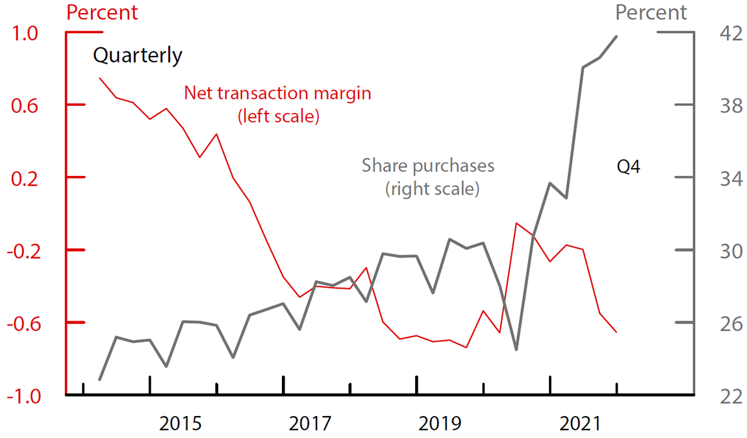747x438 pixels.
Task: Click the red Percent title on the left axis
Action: (103, 12)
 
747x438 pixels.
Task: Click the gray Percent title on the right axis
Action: (651, 12)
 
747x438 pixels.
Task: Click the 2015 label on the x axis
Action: (181, 424)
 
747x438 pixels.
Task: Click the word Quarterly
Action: (138, 56)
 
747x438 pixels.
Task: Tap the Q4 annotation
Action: (628, 167)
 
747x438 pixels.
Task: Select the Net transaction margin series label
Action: (278, 104)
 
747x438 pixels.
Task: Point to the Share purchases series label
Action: (428, 177)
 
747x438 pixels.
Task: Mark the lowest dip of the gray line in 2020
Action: (516, 350)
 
